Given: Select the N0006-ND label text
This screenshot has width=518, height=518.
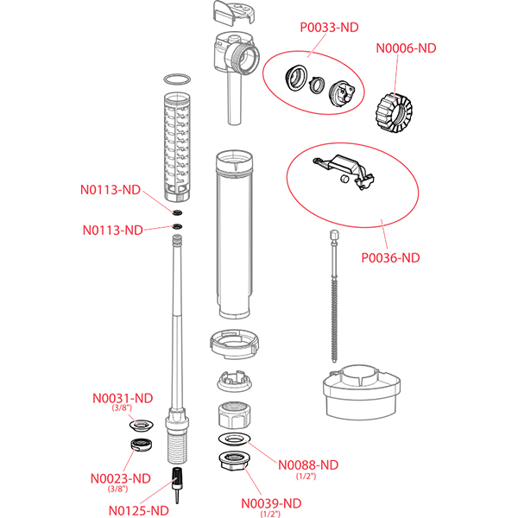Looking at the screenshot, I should pos(406,49).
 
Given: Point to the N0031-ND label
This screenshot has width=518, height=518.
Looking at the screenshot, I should pos(123,398).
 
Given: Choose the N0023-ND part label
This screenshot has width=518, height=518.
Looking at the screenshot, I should pos(120,478).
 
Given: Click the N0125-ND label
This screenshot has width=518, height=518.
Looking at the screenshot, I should pos(138,509).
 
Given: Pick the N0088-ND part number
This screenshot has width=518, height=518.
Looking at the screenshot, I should pos(309,464).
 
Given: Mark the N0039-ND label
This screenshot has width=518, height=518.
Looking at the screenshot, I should pos(272,503).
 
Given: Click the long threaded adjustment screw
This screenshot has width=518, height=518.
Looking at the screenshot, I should pos(333,294).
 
